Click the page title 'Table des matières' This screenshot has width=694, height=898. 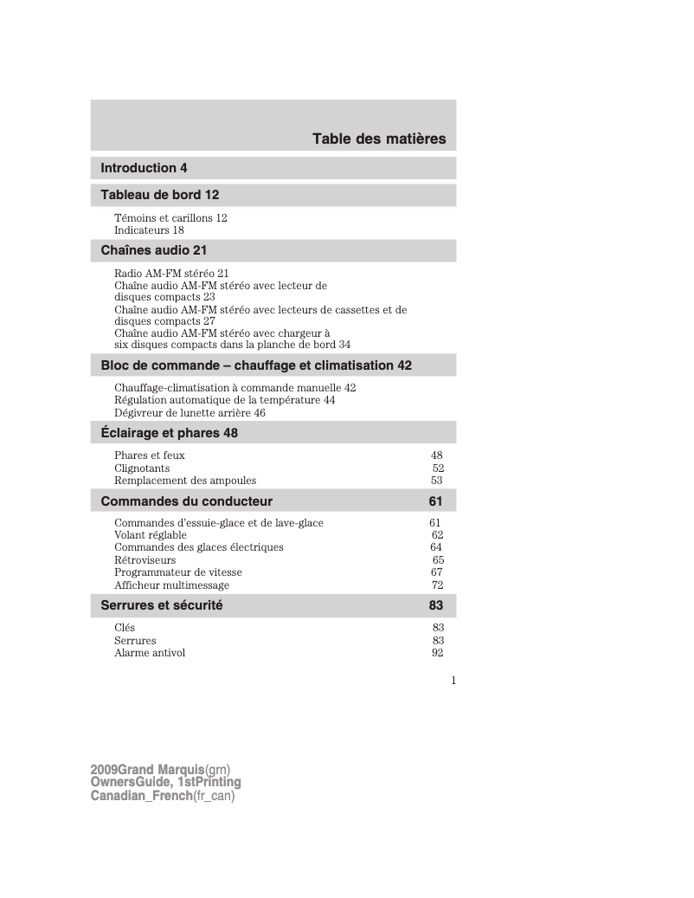tap(379, 139)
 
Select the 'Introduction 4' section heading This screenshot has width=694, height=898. tap(144, 168)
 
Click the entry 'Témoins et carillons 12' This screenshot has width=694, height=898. tap(170, 218)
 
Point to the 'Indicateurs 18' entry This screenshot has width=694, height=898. tap(149, 230)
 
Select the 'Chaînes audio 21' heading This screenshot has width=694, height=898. tap(154, 251)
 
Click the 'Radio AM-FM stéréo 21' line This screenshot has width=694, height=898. tap(171, 273)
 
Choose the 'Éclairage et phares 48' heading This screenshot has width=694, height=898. tap(169, 433)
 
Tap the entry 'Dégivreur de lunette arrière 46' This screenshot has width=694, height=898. tap(190, 413)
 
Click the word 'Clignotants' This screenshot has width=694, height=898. tap(142, 468)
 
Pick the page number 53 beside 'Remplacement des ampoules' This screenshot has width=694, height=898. tap(437, 481)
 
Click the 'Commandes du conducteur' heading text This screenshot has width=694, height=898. tap(186, 501)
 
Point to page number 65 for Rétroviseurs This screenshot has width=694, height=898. tap(438, 560)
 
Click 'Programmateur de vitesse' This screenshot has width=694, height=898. tap(178, 572)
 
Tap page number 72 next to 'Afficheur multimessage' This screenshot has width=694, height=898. tap(438, 585)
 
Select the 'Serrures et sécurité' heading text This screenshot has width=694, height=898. tap(162, 606)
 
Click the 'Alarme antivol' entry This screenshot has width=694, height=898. tap(150, 653)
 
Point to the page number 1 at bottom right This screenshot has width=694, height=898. tap(453, 681)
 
